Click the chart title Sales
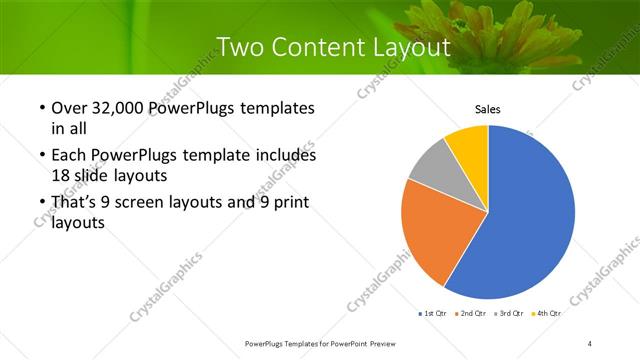coord(487,109)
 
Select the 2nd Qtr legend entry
coord(471,314)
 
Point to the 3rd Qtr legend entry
coord(509,314)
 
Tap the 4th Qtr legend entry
coord(547,314)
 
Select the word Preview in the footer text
coord(376,343)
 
